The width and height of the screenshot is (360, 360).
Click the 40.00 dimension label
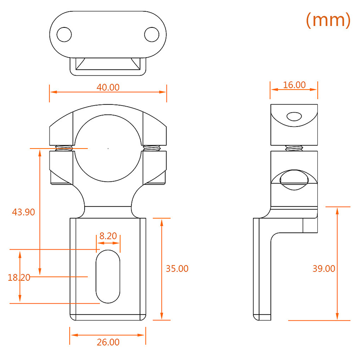108,87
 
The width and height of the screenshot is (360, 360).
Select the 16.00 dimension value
294,85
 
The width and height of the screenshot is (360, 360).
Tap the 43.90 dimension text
23,212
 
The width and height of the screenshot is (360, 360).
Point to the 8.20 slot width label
108,236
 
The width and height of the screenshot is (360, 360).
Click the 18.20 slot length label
19,278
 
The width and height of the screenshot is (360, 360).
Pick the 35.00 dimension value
177,268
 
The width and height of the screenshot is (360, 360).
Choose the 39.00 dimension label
324,268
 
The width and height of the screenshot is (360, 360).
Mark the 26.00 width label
108,342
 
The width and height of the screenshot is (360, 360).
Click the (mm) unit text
328,20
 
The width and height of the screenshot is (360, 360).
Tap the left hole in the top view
64,35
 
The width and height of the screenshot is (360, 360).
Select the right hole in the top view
152,35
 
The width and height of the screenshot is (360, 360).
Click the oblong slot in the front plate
108,276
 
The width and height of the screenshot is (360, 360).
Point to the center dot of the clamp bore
108,148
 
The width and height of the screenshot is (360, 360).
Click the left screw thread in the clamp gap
64,148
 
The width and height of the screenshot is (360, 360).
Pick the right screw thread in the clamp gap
152,148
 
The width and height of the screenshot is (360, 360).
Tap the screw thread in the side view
294,148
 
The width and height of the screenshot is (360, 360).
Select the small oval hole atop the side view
294,117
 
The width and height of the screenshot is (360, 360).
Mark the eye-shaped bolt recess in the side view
294,180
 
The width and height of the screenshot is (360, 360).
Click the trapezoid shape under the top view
108,63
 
